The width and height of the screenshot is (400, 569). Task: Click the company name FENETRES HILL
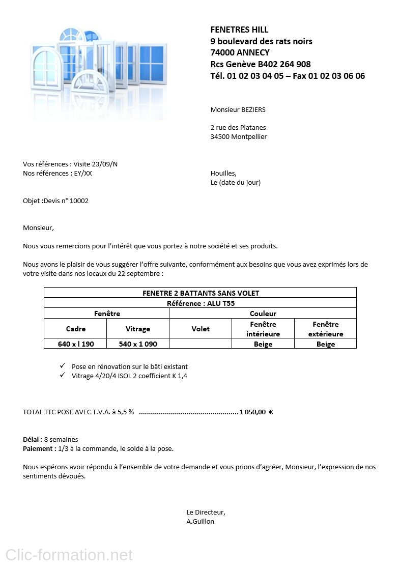(239, 30)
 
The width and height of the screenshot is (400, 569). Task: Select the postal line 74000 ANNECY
(240, 52)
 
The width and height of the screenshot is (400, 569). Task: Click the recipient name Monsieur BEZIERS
(238, 109)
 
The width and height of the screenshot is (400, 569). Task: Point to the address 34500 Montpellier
(238, 136)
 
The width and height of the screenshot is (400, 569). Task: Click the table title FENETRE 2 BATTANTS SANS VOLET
(201, 293)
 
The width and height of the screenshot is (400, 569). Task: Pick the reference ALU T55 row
(201, 303)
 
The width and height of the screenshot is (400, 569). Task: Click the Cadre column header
(76, 329)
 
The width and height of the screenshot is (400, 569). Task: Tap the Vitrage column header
(138, 329)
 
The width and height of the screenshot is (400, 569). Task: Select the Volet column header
(201, 329)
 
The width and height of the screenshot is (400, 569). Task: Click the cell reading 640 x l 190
(76, 344)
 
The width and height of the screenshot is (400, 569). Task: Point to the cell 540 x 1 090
(138, 344)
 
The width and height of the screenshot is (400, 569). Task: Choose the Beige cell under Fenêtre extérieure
(326, 344)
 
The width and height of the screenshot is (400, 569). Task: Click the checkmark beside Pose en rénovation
(62, 366)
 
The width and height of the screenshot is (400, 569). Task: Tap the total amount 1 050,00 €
(256, 412)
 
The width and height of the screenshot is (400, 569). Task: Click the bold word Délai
(33, 439)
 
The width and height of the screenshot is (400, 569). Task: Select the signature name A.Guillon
(201, 521)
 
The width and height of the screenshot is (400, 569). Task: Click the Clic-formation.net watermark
(69, 555)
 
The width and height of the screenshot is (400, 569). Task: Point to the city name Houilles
(223, 173)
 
